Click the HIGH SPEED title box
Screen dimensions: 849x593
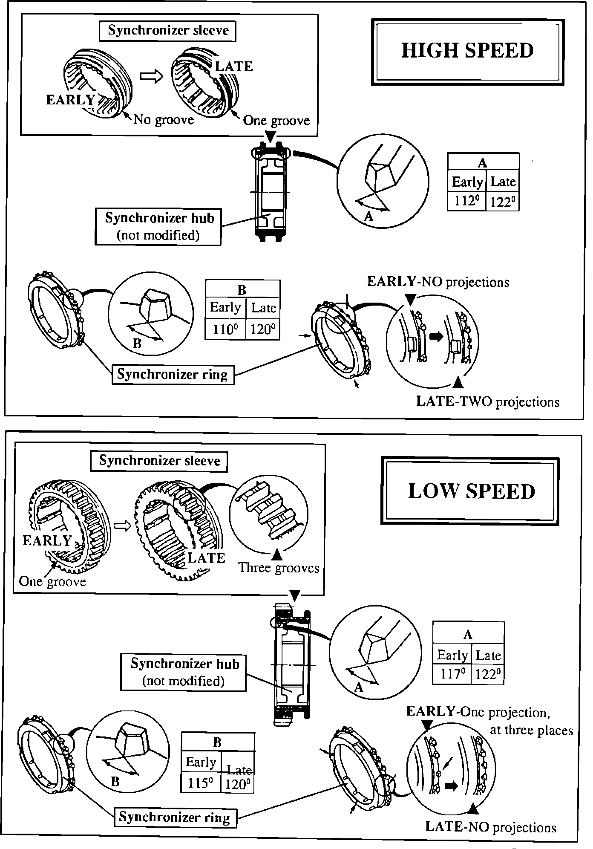467,51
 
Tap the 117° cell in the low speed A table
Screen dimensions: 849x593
452,674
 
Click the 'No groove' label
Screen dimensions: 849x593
164,120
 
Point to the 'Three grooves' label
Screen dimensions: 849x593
279,568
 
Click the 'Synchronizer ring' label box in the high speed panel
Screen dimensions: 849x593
173,374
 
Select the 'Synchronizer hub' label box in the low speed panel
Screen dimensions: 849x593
184,672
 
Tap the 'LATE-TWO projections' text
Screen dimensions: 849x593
487,401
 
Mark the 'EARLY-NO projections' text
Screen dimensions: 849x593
438,282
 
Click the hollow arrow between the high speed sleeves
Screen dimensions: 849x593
152,77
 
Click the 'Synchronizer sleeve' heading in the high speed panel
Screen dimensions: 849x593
168,31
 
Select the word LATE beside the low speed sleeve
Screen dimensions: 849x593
206,558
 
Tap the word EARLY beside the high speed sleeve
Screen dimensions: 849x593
70,100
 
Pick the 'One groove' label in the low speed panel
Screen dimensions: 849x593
52,582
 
